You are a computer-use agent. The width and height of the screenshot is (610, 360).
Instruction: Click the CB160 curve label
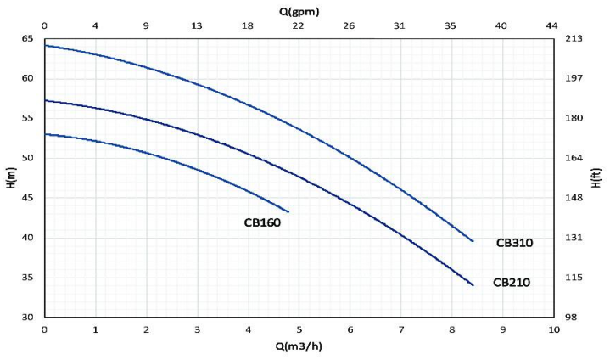coord(261,223)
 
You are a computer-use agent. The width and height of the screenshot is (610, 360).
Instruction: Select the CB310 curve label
coord(514,243)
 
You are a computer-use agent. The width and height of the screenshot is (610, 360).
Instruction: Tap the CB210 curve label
coord(512,283)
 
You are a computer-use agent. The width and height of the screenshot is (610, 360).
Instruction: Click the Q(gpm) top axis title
coord(299,10)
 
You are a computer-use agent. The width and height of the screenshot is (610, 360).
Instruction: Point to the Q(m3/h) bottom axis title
coord(299,346)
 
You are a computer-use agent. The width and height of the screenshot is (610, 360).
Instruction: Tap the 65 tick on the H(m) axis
coord(27,39)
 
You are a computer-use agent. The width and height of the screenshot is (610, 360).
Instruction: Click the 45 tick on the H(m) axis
coord(27,198)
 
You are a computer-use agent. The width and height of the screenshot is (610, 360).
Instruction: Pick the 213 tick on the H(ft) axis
coord(574,39)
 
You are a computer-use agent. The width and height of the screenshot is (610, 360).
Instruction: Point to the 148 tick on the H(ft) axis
coord(574,198)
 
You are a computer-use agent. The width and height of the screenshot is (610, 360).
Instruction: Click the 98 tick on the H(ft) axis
coord(574,317)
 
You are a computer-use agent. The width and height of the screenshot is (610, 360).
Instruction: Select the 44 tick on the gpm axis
coord(553,25)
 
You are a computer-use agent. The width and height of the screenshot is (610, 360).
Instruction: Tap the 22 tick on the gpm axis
coord(298,25)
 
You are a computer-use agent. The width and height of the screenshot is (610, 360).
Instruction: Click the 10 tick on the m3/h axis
coord(553,329)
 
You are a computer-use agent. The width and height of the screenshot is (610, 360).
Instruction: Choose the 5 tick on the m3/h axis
coord(299,329)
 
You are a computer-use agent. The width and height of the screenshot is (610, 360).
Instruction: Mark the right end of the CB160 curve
coord(288,211)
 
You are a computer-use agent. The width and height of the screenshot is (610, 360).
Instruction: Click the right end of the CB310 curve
coord(473,241)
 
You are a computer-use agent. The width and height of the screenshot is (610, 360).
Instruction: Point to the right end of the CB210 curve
coord(473,285)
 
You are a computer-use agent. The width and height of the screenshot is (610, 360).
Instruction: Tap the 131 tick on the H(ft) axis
coord(574,238)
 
